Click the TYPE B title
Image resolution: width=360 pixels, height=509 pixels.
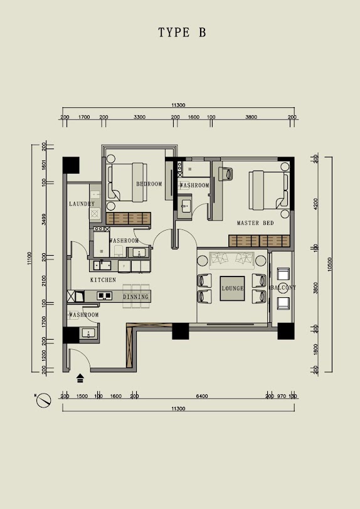(x=182, y=33)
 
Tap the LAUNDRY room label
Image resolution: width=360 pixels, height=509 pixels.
(x=82, y=204)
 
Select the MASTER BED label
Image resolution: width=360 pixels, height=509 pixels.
(x=255, y=223)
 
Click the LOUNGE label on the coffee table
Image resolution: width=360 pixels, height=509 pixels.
(x=233, y=288)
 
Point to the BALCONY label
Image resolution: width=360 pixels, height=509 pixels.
(x=283, y=288)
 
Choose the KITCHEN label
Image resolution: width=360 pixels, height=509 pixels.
(x=103, y=280)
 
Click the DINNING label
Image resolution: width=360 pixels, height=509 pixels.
(x=136, y=296)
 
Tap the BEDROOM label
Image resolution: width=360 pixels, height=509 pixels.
(x=149, y=184)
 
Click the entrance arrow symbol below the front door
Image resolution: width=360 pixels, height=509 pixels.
(x=80, y=378)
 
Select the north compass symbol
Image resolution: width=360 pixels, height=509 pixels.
(x=43, y=401)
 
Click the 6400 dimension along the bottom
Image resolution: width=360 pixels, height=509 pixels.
(x=202, y=396)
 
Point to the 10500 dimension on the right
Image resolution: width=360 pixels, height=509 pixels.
(x=330, y=265)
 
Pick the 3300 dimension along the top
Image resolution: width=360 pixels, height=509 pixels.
(x=139, y=117)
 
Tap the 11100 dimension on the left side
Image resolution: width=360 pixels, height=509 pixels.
(x=29, y=258)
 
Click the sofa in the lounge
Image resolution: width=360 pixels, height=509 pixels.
(x=231, y=260)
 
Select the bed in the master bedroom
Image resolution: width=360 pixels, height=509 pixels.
(x=269, y=190)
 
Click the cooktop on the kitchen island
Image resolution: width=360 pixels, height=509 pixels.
(x=105, y=295)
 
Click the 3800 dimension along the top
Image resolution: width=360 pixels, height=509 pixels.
(x=251, y=117)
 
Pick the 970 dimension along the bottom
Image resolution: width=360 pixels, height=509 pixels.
(x=282, y=396)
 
